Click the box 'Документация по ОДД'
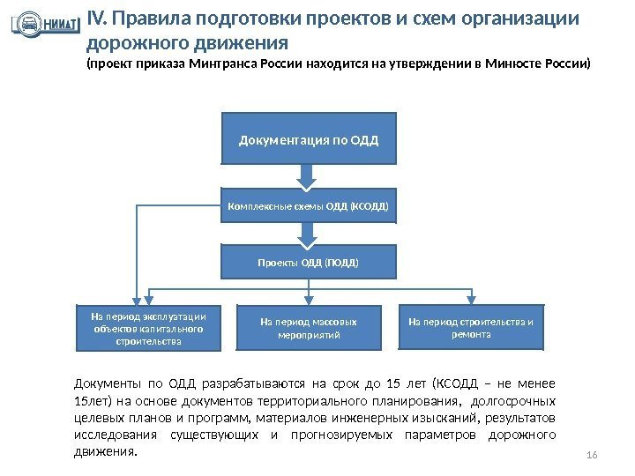click(x=308, y=138)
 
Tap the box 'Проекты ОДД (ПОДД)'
click(x=308, y=262)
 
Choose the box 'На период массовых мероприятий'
click(x=309, y=329)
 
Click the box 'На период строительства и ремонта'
click(x=474, y=327)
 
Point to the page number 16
click(x=592, y=453)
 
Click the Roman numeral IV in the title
click(x=96, y=19)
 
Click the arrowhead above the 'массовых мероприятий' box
click(x=308, y=299)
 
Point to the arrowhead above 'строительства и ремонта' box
click(x=474, y=299)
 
